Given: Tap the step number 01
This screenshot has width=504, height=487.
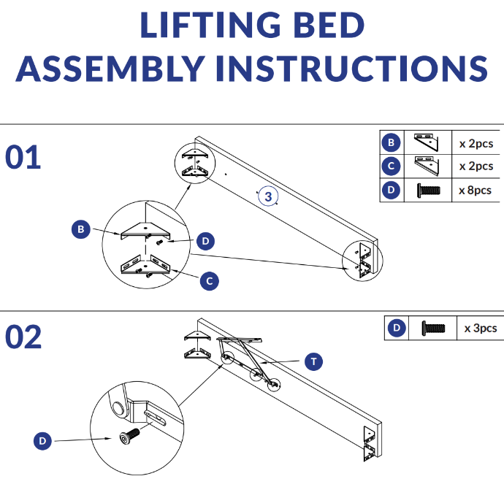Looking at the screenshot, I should [23, 158].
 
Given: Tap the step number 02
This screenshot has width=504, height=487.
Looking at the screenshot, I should [23, 337].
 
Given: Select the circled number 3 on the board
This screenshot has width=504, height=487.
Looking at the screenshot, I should [268, 196].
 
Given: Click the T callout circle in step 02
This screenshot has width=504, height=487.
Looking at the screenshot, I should [313, 361].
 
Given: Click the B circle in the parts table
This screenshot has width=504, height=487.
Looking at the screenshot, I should [392, 142].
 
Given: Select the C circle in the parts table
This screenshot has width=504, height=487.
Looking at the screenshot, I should [392, 166].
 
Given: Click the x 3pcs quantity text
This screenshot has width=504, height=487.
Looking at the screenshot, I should [480, 329].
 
